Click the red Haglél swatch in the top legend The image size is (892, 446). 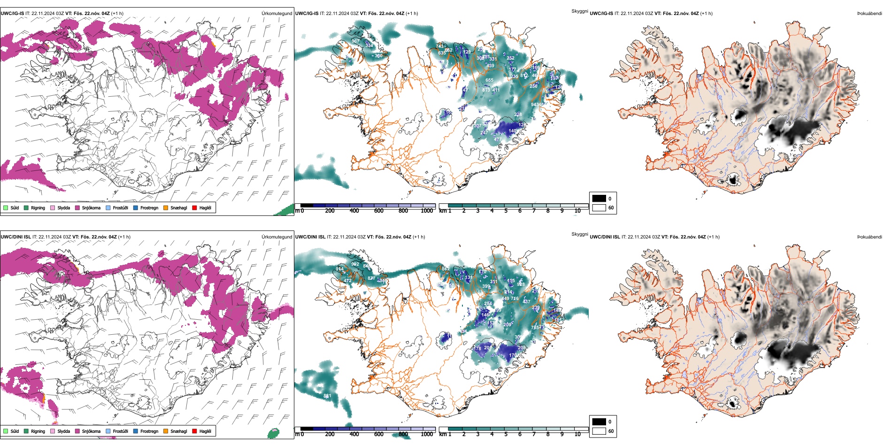(194, 208)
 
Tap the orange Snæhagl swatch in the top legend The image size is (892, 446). (166, 208)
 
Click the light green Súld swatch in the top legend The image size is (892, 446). (6, 208)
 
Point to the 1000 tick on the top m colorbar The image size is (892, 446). (427, 211)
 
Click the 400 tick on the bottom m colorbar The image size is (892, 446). (354, 434)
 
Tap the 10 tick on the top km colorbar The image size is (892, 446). (577, 211)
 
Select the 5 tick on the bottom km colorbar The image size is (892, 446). (506, 434)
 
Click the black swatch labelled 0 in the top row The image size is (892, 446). (599, 199)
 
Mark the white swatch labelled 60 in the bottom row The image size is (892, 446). (599, 431)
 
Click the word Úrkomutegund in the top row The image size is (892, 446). (277, 14)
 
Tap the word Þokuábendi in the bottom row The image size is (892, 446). (869, 237)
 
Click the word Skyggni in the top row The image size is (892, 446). (580, 11)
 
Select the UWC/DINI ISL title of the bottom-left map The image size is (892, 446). (15, 237)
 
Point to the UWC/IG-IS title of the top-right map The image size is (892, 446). (601, 14)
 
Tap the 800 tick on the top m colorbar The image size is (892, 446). (403, 211)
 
